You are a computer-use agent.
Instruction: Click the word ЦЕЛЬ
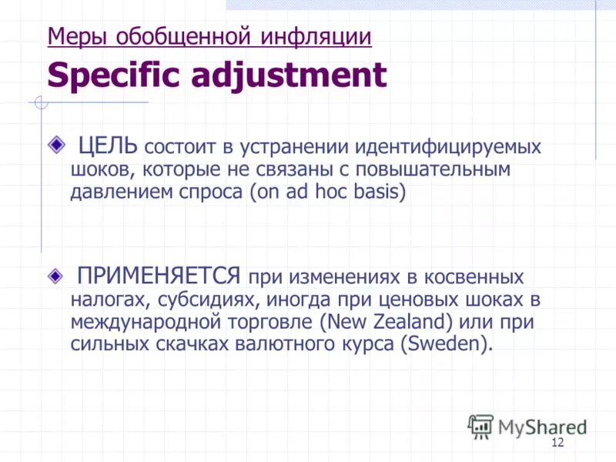tap(108, 146)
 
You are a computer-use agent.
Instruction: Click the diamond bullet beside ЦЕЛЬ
tap(55, 144)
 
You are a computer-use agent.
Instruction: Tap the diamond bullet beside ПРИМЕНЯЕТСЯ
tap(55, 274)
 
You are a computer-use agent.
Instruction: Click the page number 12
tap(558, 442)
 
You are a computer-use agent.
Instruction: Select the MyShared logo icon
tap(480, 425)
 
